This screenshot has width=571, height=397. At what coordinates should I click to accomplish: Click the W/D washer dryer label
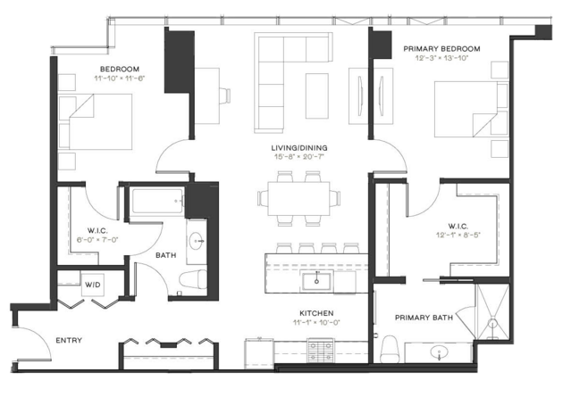tap(93, 285)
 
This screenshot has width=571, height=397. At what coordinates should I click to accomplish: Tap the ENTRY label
tap(69, 341)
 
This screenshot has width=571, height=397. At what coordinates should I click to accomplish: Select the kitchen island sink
tap(317, 281)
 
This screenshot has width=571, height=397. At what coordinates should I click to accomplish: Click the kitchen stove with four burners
tap(321, 351)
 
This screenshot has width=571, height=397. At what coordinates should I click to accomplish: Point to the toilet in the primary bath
tap(390, 349)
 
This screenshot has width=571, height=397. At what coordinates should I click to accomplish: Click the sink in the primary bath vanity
tap(439, 352)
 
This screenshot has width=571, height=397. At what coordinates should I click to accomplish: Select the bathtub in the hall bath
tap(157, 202)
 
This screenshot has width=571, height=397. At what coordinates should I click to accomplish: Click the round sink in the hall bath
tap(197, 241)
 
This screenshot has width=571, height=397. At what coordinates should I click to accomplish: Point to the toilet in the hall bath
tap(193, 279)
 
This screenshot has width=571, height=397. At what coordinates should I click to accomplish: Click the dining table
tap(299, 198)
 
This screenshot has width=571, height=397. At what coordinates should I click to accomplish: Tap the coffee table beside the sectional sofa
tap(317, 96)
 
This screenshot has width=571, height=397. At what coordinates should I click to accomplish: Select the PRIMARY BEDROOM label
tap(441, 49)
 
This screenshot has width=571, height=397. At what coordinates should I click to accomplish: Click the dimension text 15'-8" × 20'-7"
tap(299, 157)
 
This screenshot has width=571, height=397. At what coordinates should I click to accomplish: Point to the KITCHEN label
tap(316, 313)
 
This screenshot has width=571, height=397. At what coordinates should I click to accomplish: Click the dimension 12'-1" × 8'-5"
tap(458, 235)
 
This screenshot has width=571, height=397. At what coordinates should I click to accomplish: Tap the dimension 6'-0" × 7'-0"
tap(97, 240)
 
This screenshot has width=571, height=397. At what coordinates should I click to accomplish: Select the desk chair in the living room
tap(224, 96)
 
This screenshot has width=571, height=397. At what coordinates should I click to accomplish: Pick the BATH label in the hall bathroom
tap(165, 255)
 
